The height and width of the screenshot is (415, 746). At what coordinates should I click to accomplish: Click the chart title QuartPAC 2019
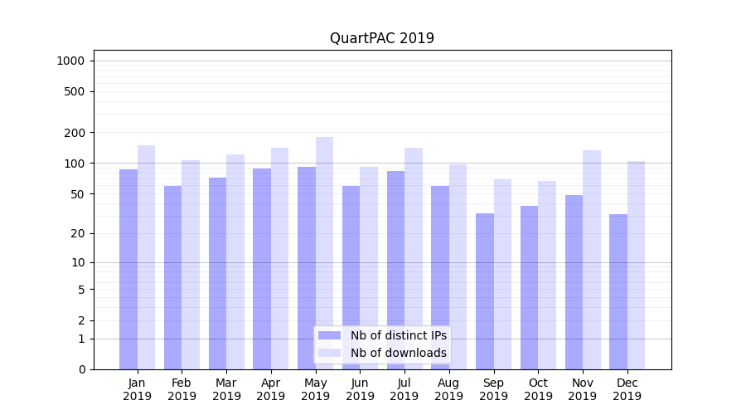[381, 38]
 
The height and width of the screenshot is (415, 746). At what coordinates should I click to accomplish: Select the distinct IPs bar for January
[128, 269]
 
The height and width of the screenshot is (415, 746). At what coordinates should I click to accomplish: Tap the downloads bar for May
[324, 253]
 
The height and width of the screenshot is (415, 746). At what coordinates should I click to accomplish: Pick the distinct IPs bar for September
[485, 290]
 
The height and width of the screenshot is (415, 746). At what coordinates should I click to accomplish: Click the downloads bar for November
[592, 259]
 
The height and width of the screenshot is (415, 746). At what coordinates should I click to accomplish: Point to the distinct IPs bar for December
[618, 291]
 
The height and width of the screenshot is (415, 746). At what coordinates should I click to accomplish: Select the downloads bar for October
[547, 275]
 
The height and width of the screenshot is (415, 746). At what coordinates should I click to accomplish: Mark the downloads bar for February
[191, 264]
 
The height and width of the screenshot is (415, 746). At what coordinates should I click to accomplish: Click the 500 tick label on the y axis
[75, 91]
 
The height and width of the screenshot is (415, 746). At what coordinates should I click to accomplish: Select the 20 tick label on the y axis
[78, 233]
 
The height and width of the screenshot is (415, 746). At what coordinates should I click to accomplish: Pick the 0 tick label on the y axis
[81, 369]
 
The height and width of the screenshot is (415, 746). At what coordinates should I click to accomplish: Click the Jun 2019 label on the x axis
[360, 389]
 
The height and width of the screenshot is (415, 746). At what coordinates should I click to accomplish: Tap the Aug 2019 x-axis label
[449, 389]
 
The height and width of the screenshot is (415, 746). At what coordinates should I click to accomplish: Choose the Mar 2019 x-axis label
[226, 389]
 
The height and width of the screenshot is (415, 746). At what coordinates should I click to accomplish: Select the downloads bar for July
[414, 258]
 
